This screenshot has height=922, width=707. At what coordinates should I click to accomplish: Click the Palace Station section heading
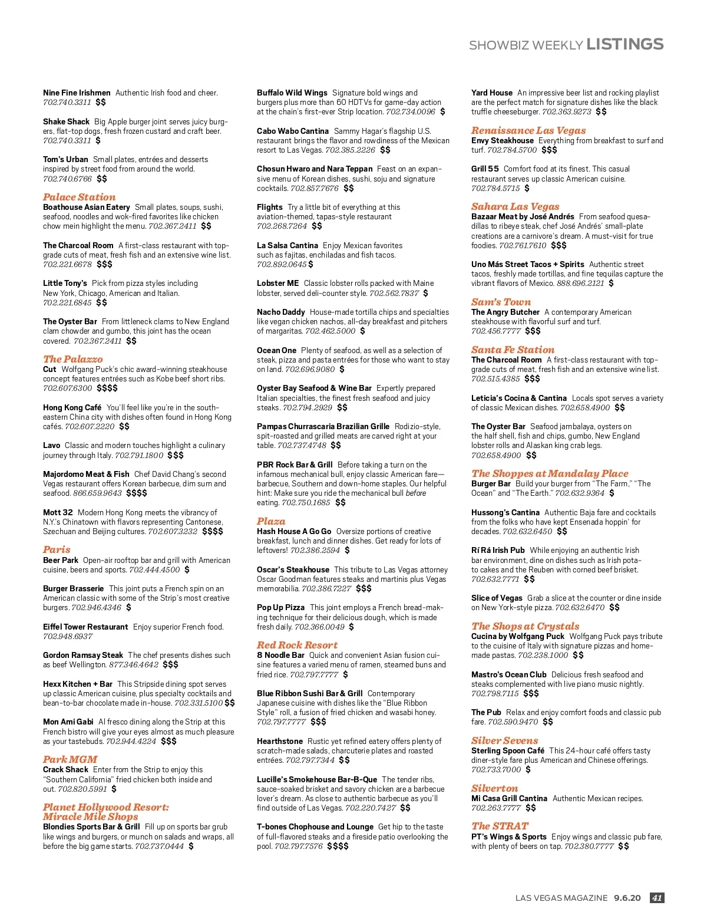tap(79, 197)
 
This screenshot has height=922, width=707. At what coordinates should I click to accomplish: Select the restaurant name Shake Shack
tap(66, 121)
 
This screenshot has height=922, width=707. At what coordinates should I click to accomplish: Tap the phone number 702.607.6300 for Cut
tap(67, 388)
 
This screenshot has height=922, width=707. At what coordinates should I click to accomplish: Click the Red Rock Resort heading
tap(297, 645)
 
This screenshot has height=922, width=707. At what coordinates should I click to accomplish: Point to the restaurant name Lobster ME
tap(277, 284)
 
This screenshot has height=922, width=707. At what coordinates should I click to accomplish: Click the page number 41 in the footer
tap(657, 898)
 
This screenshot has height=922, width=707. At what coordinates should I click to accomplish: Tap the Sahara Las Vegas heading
tap(515, 206)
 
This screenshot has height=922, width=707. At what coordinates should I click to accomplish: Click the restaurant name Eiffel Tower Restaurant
tap(85, 627)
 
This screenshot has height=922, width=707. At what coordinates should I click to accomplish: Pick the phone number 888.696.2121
tap(580, 284)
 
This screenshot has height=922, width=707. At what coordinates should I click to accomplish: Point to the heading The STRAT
tap(500, 826)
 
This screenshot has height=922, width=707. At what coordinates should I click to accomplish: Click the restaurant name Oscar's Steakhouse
tap(293, 569)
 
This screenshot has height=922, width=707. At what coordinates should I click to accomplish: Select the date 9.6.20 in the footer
tap(627, 898)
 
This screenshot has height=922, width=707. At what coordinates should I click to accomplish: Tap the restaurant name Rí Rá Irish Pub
tap(498, 550)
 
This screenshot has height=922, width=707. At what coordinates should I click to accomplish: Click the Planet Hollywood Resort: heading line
tap(105, 807)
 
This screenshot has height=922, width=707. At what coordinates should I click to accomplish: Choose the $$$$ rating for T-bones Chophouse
tap(338, 846)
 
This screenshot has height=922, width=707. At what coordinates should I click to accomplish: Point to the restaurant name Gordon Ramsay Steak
tap(83, 655)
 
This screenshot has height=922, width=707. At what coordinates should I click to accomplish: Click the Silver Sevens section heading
tap(504, 740)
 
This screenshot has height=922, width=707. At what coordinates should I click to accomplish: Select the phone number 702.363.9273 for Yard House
tap(566, 111)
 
